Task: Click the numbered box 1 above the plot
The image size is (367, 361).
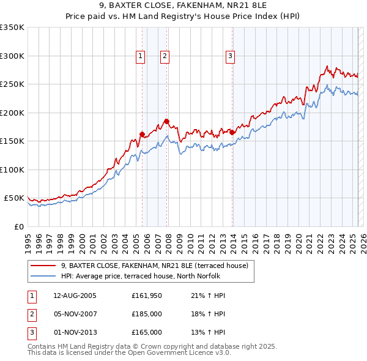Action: pyautogui.click(x=141, y=56)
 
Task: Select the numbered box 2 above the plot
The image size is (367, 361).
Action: pyautogui.click(x=165, y=56)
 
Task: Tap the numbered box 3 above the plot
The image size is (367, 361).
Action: pyautogui.click(x=231, y=56)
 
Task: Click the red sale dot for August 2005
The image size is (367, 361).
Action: pyautogui.click(x=142, y=134)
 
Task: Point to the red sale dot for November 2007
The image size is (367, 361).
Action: pyautogui.click(x=166, y=121)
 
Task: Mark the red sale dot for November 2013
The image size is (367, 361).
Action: pyautogui.click(x=232, y=132)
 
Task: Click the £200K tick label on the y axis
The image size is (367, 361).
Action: pyautogui.click(x=12, y=113)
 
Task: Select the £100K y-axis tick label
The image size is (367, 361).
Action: pyautogui.click(x=12, y=169)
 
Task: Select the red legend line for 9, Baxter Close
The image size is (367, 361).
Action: pyautogui.click(x=43, y=266)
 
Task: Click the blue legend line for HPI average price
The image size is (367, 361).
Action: pyautogui.click(x=43, y=276)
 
